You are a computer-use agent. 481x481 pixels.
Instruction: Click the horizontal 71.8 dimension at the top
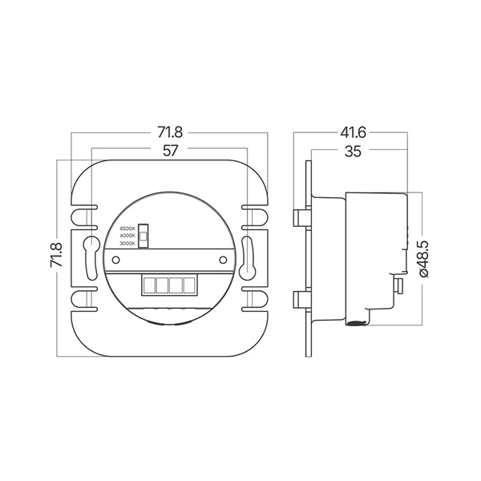[170, 131]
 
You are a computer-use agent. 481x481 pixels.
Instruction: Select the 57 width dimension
[170, 150]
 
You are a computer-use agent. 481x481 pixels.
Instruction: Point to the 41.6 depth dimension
[350, 131]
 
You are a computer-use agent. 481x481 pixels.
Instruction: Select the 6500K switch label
[127, 228]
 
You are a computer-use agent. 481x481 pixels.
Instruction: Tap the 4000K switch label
[127, 236]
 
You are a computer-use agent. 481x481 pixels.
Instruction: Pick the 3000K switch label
[127, 243]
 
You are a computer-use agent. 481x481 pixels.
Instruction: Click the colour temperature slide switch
[143, 234]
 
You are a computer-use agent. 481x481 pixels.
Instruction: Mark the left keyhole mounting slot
[91, 250]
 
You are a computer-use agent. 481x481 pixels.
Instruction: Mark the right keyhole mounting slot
[248, 250]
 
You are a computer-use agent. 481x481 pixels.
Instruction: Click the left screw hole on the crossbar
[115, 259]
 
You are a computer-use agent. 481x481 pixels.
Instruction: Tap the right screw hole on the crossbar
[224, 259]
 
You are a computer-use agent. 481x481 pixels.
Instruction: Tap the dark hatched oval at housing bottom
[354, 322]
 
